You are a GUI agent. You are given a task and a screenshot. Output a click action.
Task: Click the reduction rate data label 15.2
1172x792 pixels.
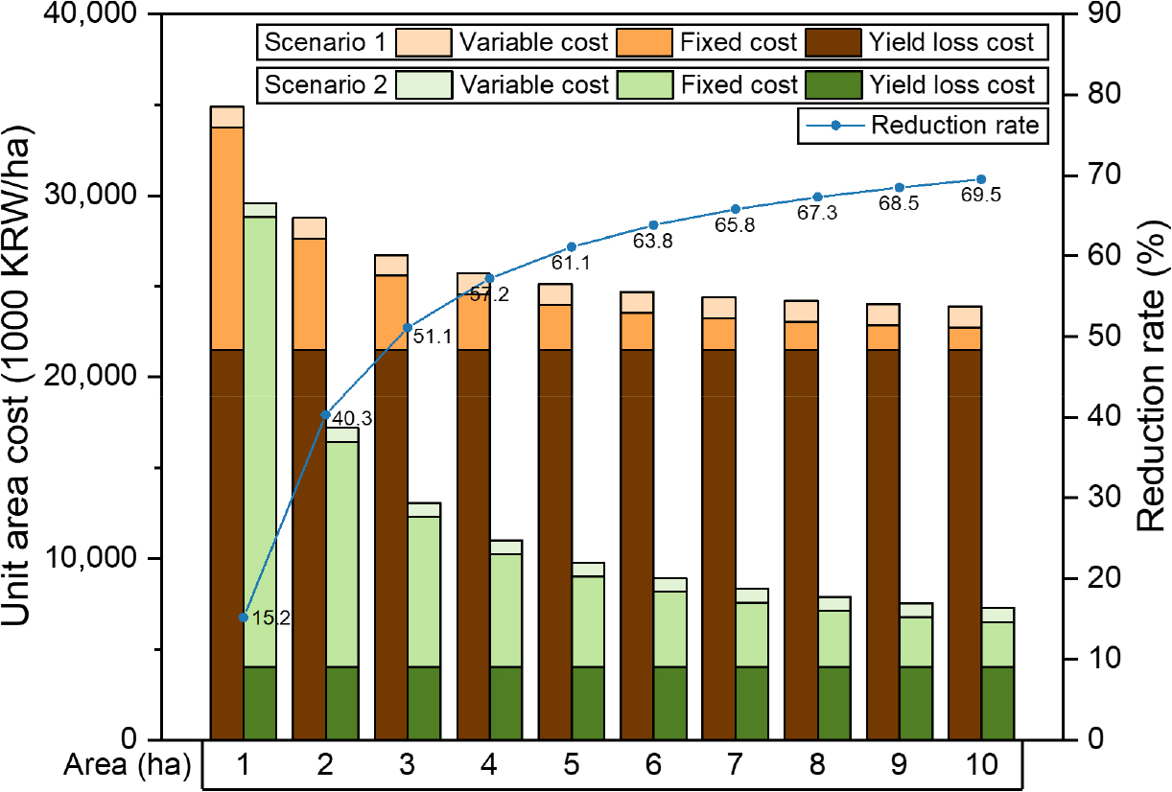tap(270, 618)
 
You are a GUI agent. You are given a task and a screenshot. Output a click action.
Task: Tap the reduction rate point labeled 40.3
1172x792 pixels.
tap(325, 415)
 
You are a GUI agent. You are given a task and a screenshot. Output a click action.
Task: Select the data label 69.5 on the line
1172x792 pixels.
tap(980, 195)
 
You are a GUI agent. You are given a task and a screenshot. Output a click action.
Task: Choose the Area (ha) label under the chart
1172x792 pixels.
tap(128, 766)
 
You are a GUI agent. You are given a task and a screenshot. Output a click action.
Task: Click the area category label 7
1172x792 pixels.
tap(736, 766)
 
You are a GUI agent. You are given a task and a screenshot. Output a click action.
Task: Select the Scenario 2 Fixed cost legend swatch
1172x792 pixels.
tap(645, 84)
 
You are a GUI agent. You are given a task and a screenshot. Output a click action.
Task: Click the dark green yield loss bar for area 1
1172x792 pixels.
tap(260, 702)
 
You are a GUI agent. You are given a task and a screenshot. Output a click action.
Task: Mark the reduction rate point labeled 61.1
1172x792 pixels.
tap(572, 246)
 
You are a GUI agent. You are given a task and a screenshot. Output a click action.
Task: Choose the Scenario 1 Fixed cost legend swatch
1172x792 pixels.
tap(645, 42)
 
